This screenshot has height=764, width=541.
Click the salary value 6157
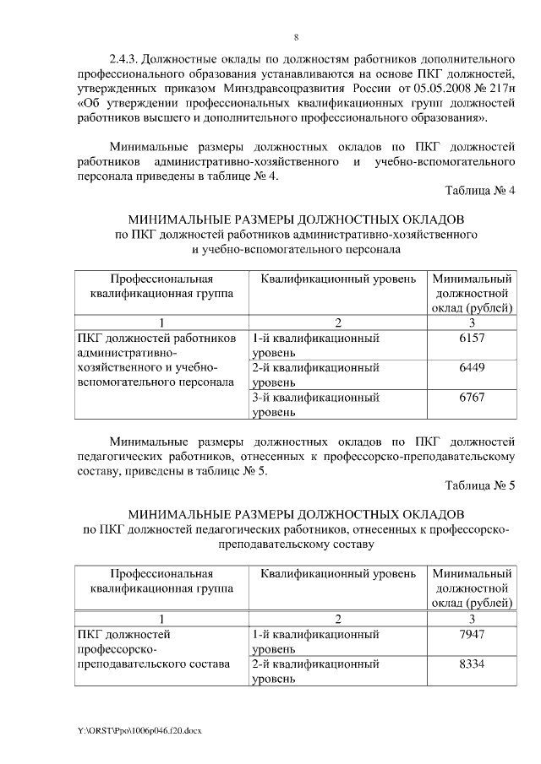pos(471,338)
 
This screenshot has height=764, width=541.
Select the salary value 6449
pos(471,368)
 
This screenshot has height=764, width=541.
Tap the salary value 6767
pos(471,398)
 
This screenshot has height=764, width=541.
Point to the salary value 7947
pos(471,633)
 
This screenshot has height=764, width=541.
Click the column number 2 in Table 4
pos(336,322)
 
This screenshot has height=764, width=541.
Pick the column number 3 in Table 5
pos(471,618)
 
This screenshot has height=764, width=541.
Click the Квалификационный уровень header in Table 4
pos(337,279)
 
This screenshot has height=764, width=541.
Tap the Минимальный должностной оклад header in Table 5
pos(471,588)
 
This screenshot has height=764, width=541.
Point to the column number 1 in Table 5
pos(160,618)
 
